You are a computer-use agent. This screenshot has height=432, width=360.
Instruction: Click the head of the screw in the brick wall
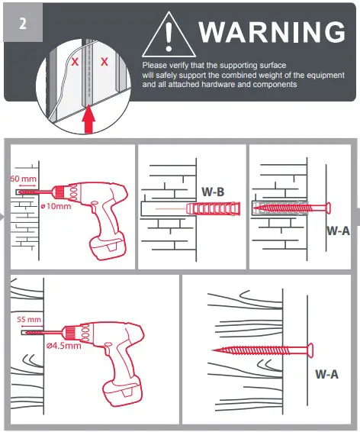(x=330, y=207)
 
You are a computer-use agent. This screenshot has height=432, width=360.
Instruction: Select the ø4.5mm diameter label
(x=63, y=346)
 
